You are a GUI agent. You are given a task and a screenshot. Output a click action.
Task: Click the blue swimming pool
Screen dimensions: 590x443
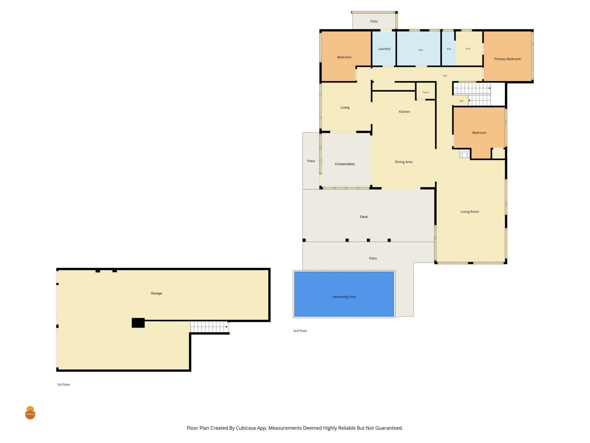coord(344,294)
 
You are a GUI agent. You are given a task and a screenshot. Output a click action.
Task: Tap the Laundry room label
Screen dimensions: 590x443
coord(384,49)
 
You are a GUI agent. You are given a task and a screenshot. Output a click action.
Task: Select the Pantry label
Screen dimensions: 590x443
coord(426,92)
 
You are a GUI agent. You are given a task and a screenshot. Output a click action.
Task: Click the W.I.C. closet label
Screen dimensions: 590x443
coord(468,49)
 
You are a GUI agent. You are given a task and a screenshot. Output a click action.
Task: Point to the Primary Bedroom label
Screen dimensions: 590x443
coord(508,59)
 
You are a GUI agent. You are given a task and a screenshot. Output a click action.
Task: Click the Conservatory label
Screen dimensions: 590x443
coord(345,164)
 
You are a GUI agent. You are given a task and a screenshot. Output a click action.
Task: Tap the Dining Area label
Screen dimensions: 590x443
coord(404,162)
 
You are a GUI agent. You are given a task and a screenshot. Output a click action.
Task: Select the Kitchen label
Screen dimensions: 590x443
coord(404,112)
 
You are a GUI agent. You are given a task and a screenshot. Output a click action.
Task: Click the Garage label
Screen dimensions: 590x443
coord(156,293)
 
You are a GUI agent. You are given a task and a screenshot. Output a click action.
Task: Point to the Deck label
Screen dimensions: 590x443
coord(364,217)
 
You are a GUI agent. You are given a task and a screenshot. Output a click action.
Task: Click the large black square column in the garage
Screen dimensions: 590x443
coord(138,323)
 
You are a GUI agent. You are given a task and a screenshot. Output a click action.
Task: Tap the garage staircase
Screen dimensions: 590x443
coord(209,327)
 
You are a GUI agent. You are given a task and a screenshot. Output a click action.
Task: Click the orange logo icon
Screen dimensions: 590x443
coord(30,413)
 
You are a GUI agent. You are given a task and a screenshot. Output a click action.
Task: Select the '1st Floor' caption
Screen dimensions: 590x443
coord(63,384)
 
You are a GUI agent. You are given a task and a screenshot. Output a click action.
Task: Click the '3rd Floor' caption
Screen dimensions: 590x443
coord(300,331)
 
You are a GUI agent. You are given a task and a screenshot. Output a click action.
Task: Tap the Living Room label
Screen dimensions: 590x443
coord(470,212)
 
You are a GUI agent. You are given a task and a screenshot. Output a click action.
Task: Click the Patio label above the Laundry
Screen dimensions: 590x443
coord(374,21)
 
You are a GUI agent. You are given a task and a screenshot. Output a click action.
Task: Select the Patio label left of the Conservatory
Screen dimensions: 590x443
coord(311,161)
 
